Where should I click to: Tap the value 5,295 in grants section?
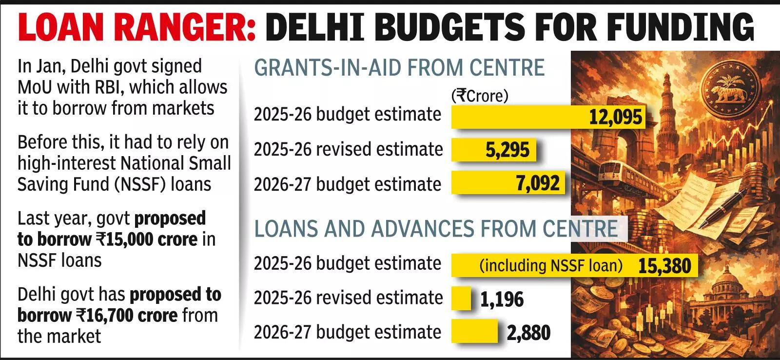507,150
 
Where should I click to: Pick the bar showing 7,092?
507,183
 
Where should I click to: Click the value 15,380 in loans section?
664,266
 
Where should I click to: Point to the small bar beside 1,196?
461,299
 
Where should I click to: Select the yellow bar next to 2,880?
474,332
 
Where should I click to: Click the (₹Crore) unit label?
480,96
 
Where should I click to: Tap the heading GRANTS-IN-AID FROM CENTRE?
399,67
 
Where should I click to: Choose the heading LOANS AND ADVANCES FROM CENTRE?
436,229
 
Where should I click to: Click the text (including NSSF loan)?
551,266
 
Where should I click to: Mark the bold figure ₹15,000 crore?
146,240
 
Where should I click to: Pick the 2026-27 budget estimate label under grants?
347,184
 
